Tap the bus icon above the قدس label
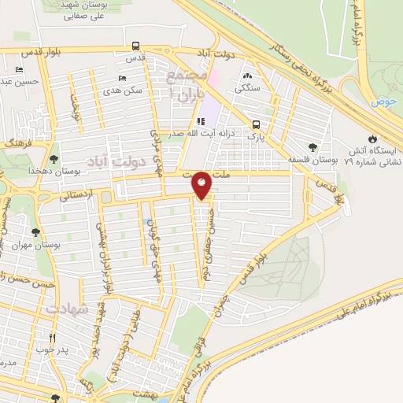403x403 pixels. pyautogui.click(x=135, y=46)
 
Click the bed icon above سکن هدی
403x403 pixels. pyautogui.click(x=121, y=78)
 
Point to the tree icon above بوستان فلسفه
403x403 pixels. pyautogui.click(x=313, y=147)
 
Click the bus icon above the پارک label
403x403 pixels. pyautogui.click(x=255, y=124)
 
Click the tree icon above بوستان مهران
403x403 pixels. pyautogui.click(x=35, y=232)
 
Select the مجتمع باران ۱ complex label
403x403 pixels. pyautogui.click(x=187, y=82)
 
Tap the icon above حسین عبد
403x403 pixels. pyautogui.click(x=19, y=69)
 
